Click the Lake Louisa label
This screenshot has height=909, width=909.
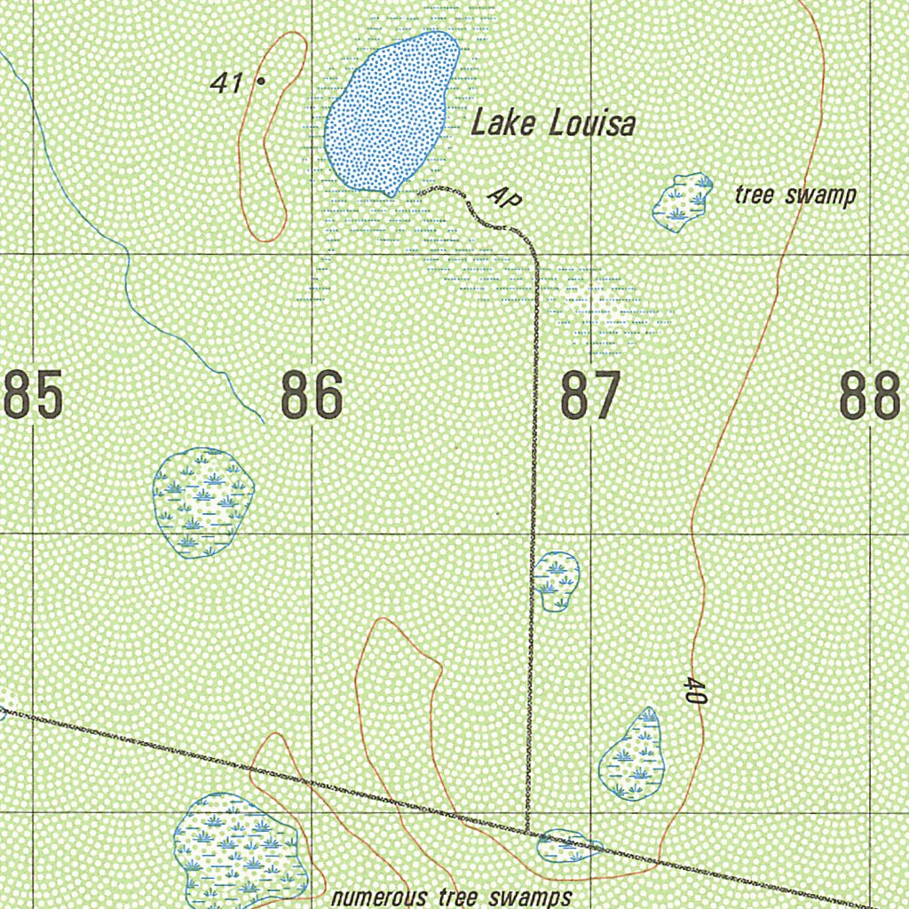(x=552, y=123)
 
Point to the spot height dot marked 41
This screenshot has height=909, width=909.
(x=261, y=81)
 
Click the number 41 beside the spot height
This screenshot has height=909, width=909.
(x=227, y=83)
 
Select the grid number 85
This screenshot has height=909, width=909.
(x=34, y=396)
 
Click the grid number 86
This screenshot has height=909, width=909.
(x=312, y=396)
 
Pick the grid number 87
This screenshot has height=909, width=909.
(x=589, y=396)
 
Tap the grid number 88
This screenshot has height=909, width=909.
(x=870, y=396)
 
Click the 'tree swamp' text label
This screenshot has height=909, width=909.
(x=794, y=195)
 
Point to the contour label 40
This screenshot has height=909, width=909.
(x=695, y=691)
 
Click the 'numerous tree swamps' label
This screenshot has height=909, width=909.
(x=451, y=897)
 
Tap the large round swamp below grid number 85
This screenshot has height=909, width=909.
(x=203, y=502)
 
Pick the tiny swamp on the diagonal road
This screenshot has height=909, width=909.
(x=569, y=847)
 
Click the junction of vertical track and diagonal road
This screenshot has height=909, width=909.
(x=528, y=834)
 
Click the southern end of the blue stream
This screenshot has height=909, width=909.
(x=264, y=422)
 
